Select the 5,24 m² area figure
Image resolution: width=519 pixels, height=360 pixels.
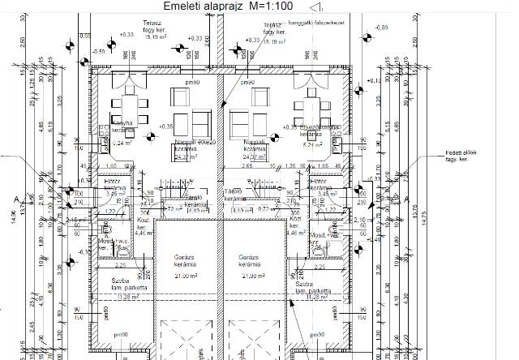point(120,142)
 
